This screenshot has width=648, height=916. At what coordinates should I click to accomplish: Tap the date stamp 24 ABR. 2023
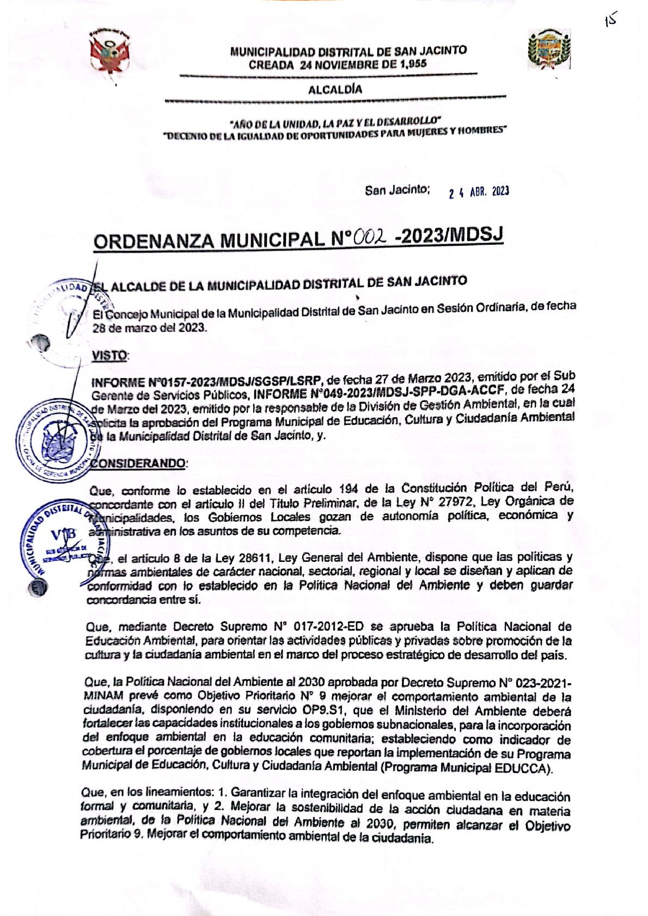click(479, 192)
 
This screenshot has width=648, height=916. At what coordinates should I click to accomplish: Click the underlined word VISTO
click(109, 356)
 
